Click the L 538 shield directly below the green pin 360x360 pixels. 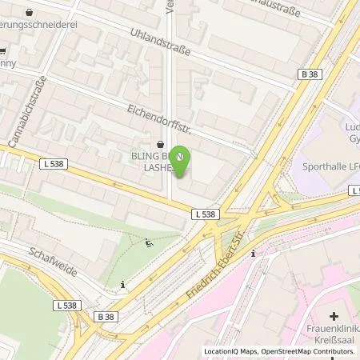tap(205, 214)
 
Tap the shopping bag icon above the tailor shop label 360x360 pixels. tap(30, 13)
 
